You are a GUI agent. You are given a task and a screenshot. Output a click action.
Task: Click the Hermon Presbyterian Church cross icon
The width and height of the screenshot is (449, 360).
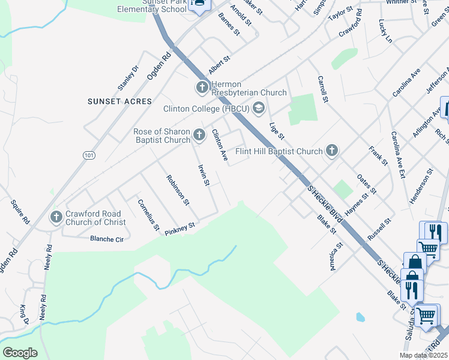click(202, 88)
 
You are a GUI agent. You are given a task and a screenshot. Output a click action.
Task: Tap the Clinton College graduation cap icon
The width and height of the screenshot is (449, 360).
click(259, 109)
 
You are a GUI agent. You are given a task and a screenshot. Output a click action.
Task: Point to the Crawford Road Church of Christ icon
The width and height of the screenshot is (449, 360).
click(56, 217)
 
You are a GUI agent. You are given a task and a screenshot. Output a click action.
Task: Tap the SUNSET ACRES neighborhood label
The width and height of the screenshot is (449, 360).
click(119, 101)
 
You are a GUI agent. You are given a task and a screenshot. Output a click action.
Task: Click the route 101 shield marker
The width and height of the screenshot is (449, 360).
click(89, 155)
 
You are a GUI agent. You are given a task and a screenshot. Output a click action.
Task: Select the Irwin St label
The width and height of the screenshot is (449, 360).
click(203, 174)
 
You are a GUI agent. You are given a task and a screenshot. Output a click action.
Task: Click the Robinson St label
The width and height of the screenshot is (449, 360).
click(178, 190)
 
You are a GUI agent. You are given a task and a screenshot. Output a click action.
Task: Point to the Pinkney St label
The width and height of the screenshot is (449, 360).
click(181, 228)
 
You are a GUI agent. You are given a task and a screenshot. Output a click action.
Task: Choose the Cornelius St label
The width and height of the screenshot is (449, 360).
click(148, 215)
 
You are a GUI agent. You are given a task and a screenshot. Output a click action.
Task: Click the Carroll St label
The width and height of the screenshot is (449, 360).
click(322, 89)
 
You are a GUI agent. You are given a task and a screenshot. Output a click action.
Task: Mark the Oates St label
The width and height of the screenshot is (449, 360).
click(366, 183)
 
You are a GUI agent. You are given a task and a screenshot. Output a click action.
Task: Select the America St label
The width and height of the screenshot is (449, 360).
click(336, 256)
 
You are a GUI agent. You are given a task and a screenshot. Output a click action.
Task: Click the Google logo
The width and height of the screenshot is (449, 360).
click(20, 353)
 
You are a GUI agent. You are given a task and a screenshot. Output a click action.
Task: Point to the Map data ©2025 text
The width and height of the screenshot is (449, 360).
click(423, 355)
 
